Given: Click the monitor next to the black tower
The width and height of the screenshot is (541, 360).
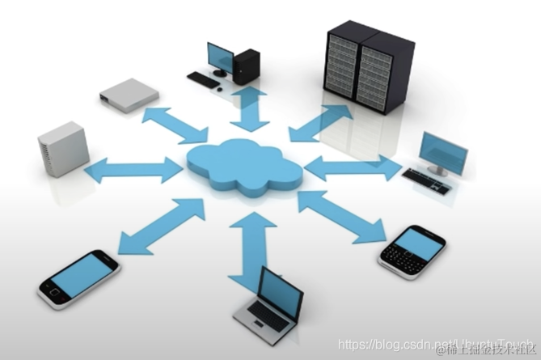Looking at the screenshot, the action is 220,57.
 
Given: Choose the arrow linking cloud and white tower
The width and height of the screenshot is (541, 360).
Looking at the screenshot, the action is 133,170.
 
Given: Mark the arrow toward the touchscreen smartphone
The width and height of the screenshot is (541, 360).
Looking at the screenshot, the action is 162,226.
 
